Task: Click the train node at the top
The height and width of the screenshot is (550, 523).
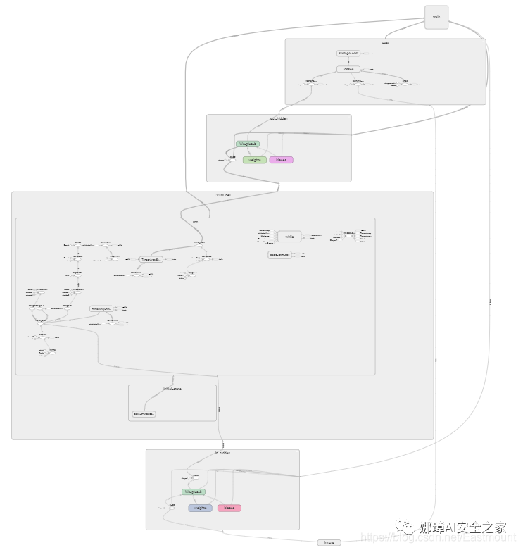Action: click(x=436, y=18)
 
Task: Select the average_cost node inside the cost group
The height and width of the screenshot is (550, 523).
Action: click(x=348, y=53)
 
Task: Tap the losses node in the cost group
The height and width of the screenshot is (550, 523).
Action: click(x=348, y=69)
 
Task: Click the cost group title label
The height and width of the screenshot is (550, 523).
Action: click(x=385, y=42)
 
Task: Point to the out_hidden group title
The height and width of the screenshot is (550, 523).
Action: click(x=279, y=118)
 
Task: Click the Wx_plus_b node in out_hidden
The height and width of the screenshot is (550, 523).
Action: click(x=248, y=144)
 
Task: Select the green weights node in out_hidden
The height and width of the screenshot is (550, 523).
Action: click(x=255, y=160)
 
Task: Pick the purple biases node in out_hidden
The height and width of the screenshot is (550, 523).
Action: click(x=281, y=160)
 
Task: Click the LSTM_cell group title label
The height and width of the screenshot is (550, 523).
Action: click(x=223, y=195)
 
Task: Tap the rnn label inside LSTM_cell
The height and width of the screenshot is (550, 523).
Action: click(x=195, y=221)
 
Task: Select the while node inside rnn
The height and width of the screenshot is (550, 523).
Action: click(x=289, y=237)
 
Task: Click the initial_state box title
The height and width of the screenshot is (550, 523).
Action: click(x=172, y=388)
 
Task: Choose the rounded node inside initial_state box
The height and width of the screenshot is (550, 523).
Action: click(x=144, y=414)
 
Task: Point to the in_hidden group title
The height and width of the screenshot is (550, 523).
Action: click(x=222, y=453)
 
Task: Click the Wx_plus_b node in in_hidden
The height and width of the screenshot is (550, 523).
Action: click(x=194, y=492)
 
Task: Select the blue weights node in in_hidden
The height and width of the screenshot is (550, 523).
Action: click(x=200, y=508)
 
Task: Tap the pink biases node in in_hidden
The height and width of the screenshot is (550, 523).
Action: click(x=229, y=508)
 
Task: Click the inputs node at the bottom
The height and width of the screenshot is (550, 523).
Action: click(x=329, y=542)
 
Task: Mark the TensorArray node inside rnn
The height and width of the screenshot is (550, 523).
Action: click(x=152, y=259)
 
